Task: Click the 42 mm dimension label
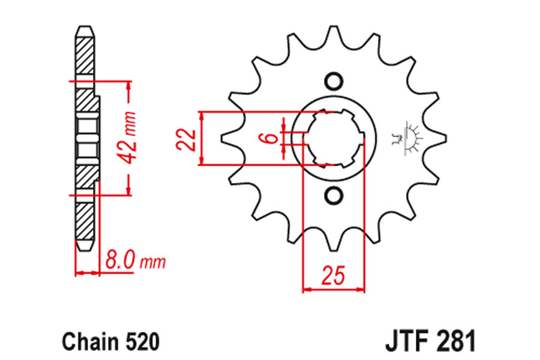click(128, 138)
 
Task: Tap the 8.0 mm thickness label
click(136, 260)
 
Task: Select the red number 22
click(187, 140)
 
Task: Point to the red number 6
click(272, 139)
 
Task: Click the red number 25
click(333, 275)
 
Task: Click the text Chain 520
click(110, 342)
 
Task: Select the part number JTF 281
click(430, 341)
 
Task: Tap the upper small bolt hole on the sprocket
click(334, 82)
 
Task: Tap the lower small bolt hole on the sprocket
click(334, 196)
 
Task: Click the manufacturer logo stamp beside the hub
click(409, 139)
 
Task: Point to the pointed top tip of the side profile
click(85, 26)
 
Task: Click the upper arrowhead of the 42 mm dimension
click(129, 87)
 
